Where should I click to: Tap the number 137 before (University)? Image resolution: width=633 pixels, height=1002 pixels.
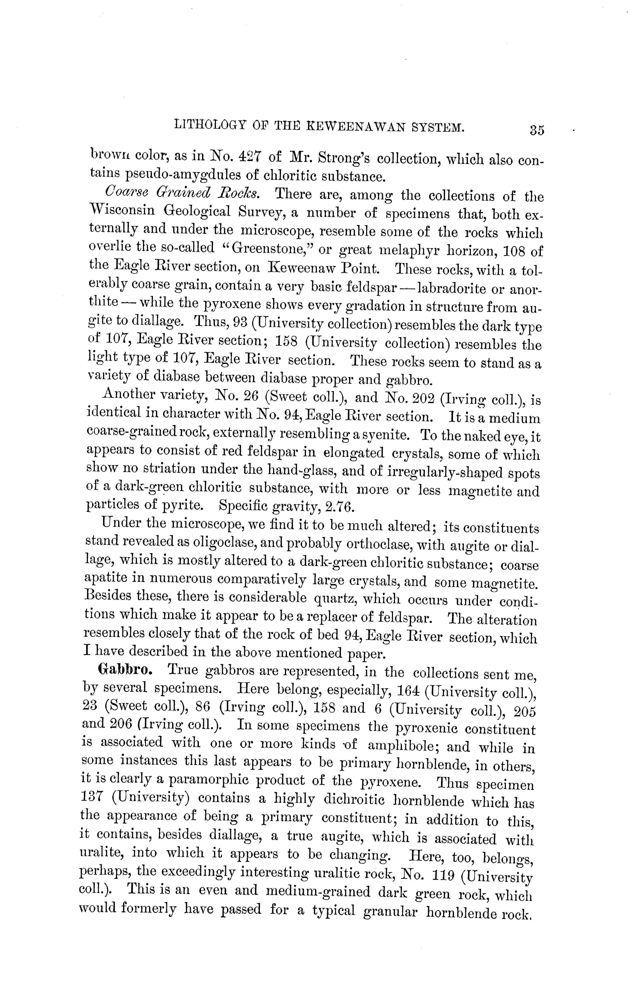click(91, 798)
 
